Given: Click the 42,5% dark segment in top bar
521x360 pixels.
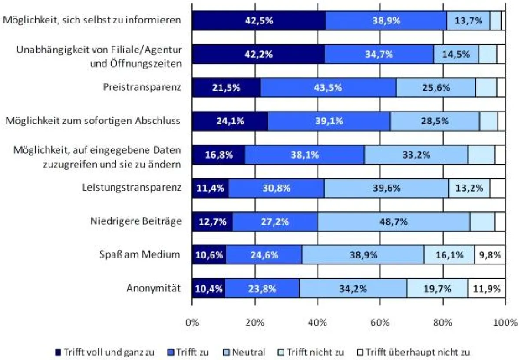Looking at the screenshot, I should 258,20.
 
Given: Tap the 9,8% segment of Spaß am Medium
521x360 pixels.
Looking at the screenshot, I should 490,255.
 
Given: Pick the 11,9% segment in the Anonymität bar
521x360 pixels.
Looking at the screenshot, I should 486,288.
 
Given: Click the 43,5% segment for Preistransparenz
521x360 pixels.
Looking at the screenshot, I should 328,88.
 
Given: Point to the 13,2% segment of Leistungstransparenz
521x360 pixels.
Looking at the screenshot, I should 469,188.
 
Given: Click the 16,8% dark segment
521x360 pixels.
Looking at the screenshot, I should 218,155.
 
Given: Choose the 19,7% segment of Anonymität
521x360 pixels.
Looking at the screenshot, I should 437,288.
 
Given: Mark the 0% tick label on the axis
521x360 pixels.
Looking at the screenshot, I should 192,323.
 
